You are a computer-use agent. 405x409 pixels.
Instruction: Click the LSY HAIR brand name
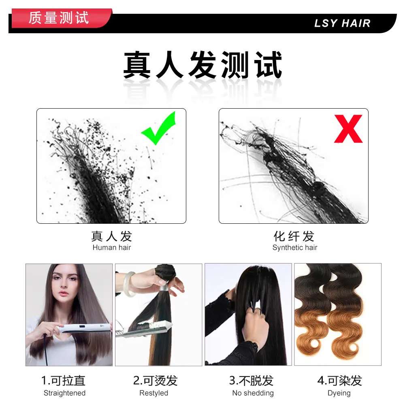click(x=342, y=23)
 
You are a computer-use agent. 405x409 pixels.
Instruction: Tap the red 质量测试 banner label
click(x=59, y=18)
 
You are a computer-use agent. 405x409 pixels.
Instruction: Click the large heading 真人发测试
click(x=202, y=65)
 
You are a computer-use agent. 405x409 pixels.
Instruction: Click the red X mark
click(x=348, y=128)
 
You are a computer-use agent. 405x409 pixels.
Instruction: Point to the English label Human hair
click(x=111, y=247)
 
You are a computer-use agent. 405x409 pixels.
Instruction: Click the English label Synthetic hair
click(x=295, y=248)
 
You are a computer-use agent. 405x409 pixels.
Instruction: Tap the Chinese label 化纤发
click(x=294, y=236)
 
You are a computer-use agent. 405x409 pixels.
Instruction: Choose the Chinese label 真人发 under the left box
click(x=111, y=236)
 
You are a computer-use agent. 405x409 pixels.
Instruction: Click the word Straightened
click(x=64, y=393)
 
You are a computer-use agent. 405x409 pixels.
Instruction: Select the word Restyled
click(x=154, y=393)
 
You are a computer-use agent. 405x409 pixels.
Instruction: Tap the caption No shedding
click(x=253, y=393)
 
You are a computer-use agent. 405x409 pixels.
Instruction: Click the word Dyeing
click(x=339, y=393)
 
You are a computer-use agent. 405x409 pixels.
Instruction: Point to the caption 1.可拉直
click(x=63, y=381)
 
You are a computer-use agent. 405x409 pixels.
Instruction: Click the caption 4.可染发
click(x=339, y=381)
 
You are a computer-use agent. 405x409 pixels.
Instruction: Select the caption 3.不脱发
click(x=251, y=381)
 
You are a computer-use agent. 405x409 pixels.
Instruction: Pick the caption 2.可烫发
click(x=156, y=381)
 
